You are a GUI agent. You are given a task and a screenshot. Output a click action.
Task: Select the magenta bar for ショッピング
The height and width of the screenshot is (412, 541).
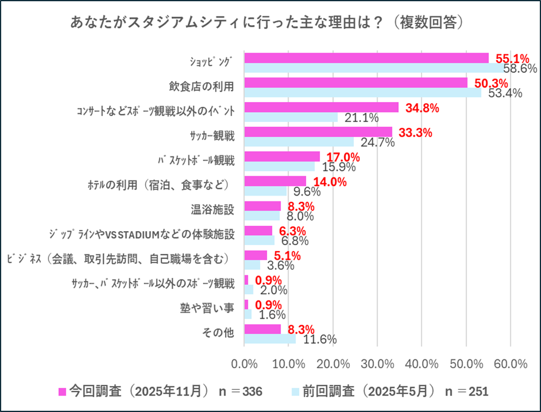(366, 58)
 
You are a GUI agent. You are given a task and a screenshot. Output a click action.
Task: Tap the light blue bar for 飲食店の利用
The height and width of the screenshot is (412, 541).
(363, 92)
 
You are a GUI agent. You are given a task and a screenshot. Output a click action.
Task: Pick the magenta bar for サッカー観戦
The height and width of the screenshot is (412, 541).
(318, 132)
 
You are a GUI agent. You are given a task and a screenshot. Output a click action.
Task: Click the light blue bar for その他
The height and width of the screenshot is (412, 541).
(270, 338)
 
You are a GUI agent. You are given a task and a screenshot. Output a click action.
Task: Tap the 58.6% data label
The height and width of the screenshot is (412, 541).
(520, 68)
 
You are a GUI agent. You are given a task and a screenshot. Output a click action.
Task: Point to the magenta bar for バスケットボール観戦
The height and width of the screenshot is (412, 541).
(282, 156)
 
